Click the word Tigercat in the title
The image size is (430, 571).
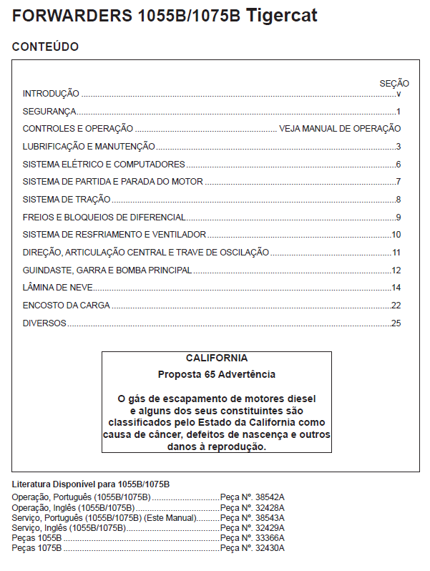point(282,16)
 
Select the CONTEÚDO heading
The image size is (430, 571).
point(46,47)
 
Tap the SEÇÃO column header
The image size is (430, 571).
point(394,84)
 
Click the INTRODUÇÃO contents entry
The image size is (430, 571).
point(51,94)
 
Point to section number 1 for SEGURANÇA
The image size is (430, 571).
point(398,112)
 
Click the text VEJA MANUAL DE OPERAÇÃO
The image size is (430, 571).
point(340,129)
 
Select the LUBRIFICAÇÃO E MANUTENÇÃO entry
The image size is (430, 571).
point(89,147)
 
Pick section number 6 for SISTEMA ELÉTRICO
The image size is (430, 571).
point(398,165)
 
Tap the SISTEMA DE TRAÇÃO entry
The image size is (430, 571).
point(67,200)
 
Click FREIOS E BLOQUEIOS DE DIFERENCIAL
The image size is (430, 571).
point(104,218)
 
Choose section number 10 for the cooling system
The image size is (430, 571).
point(396,235)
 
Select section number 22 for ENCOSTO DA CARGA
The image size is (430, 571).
point(396,306)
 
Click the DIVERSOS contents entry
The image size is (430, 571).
point(44,323)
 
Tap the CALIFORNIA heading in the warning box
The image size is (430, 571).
point(217,358)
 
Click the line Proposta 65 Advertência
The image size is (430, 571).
point(217,374)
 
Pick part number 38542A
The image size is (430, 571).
point(270,497)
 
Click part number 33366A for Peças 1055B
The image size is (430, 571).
point(270,537)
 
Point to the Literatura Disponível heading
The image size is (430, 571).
point(91,484)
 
